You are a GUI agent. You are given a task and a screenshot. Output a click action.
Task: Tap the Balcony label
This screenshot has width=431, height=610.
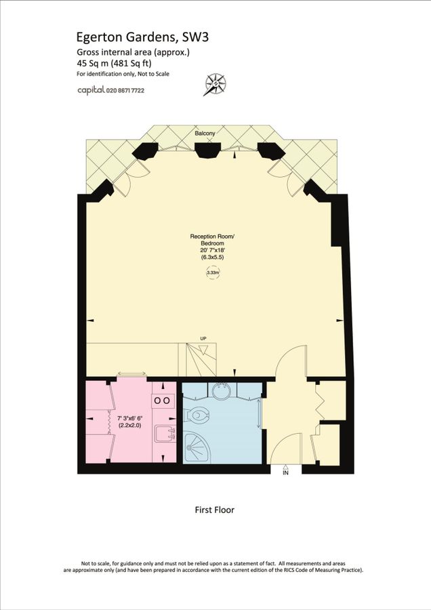[x=205, y=134]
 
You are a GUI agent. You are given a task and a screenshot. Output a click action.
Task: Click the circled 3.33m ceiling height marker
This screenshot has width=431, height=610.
[x=213, y=272]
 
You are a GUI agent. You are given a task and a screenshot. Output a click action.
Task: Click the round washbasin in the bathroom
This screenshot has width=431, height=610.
[x=222, y=391]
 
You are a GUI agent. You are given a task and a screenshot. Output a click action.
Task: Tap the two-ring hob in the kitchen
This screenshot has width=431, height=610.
[x=163, y=401]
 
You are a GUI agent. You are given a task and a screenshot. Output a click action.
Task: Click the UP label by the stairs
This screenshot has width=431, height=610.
[x=203, y=338]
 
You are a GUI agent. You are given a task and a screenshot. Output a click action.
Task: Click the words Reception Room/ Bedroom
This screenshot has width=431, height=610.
[x=211, y=241]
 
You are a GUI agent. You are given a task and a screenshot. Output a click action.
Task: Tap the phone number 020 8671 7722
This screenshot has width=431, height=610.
[x=123, y=90]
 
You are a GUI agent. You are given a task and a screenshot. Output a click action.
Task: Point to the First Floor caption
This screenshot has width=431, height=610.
[x=214, y=510]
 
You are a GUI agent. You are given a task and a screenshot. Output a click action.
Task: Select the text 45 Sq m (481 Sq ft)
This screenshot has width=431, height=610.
[x=114, y=63]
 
